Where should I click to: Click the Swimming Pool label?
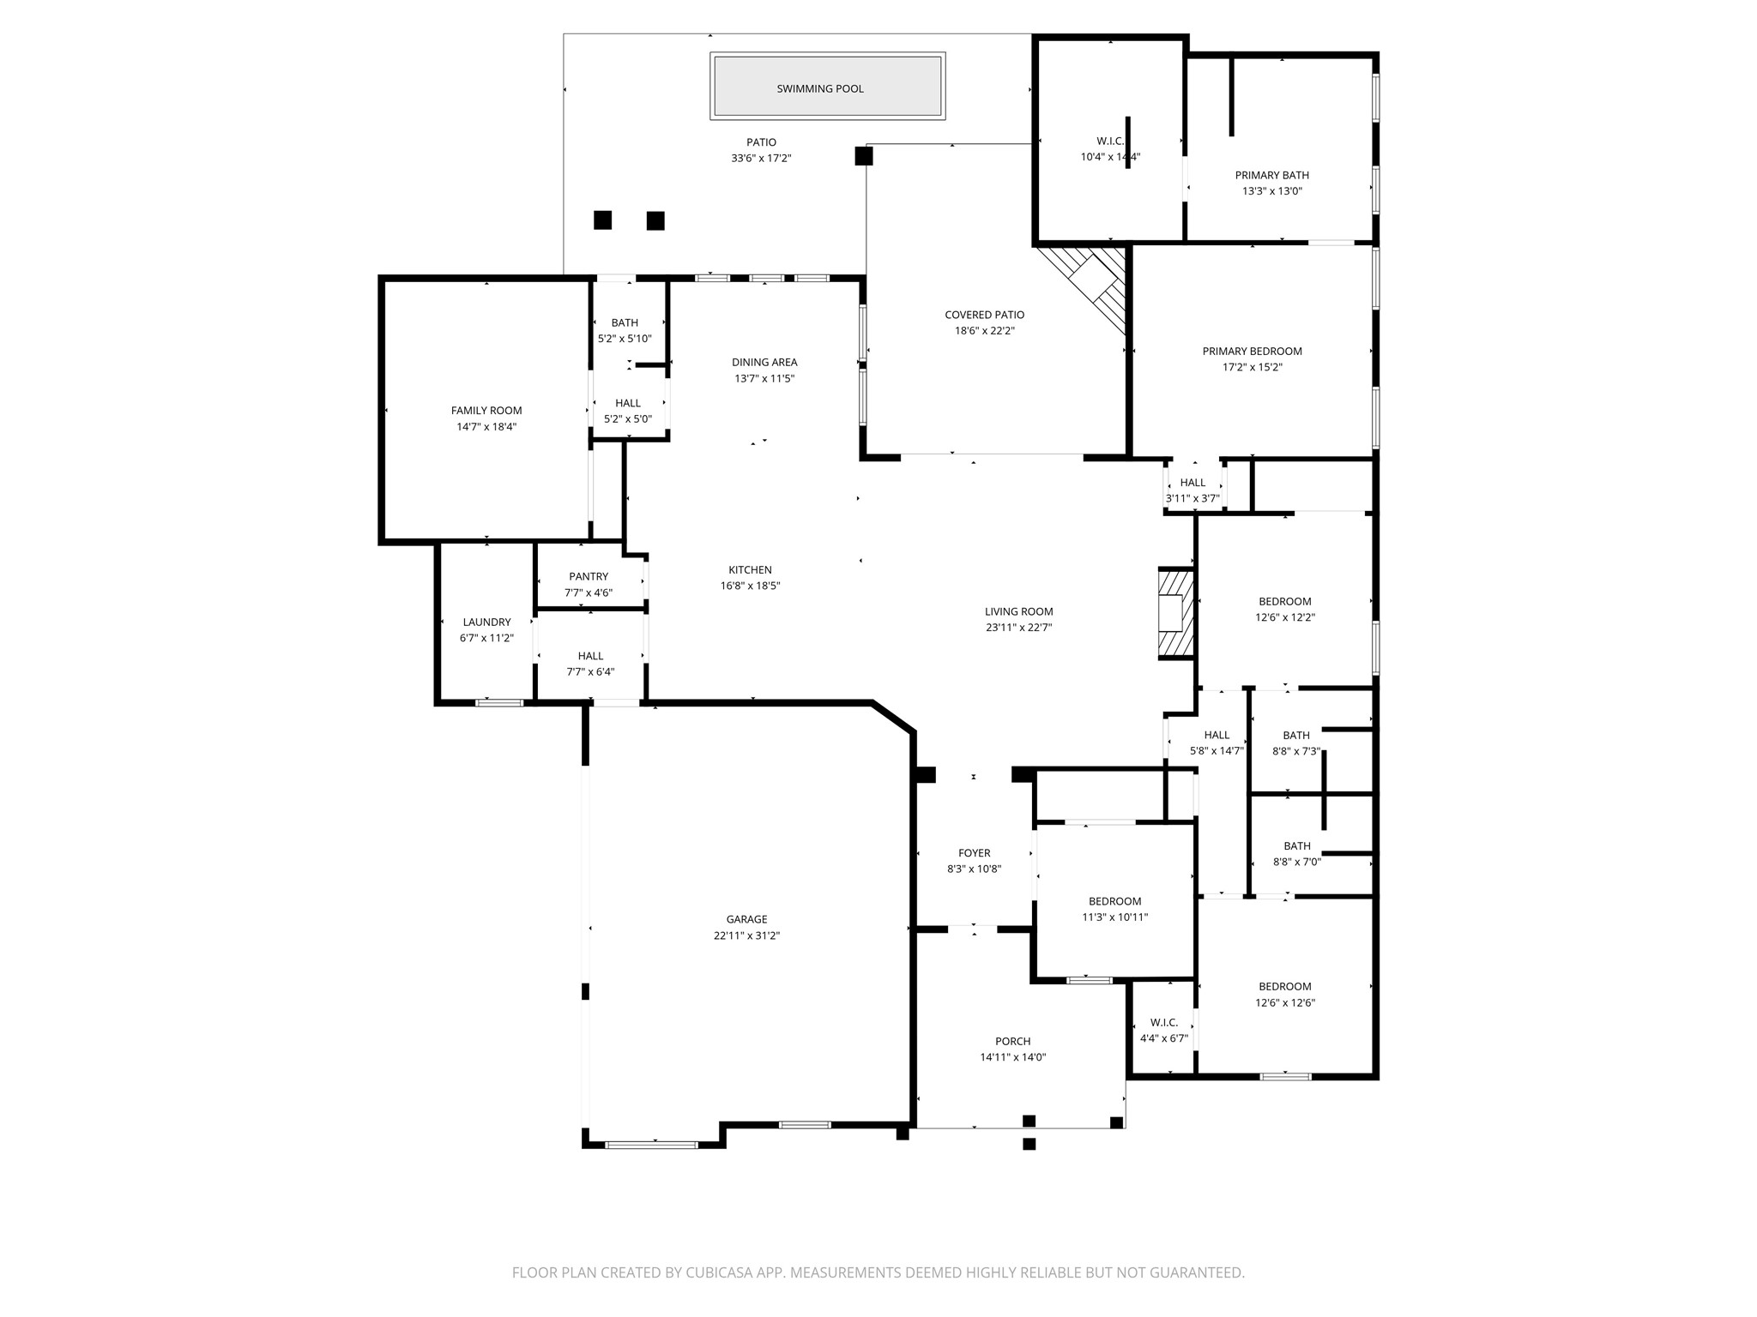(x=820, y=88)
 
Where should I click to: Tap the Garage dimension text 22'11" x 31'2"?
(x=746, y=935)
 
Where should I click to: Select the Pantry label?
(x=589, y=576)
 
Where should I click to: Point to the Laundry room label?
(x=486, y=622)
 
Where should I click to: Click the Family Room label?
(x=486, y=411)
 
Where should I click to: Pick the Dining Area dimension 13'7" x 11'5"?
(x=764, y=378)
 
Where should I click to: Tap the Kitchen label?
(x=750, y=569)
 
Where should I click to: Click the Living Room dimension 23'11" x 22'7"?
(x=1019, y=627)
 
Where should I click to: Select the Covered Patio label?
(x=985, y=315)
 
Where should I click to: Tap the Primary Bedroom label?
(x=1252, y=351)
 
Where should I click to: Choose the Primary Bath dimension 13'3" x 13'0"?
(x=1272, y=191)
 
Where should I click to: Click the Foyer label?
(x=974, y=853)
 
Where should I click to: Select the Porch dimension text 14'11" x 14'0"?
(x=1013, y=1057)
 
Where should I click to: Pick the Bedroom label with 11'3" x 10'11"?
(x=1114, y=901)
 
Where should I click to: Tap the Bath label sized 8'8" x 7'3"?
(x=1296, y=735)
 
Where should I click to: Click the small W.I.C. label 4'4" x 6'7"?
(x=1164, y=1022)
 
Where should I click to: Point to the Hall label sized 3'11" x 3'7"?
(x=1192, y=482)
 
